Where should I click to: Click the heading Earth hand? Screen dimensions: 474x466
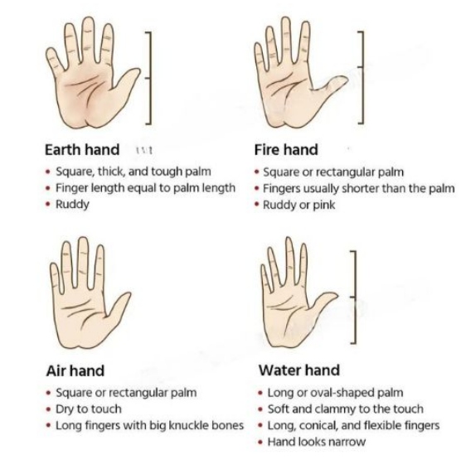pos(81,150)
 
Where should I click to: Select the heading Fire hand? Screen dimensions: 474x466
pos(285,150)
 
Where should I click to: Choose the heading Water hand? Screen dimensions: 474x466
pos(299,370)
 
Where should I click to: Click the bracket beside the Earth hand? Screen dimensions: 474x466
pos(149,76)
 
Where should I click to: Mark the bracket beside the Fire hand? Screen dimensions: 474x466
pos(361,76)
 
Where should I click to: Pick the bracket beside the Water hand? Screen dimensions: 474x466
pos(354,296)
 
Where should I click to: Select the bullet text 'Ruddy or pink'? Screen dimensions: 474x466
pos(299,205)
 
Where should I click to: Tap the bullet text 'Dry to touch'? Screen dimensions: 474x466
pos(88,409)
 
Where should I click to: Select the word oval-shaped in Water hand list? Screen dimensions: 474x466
pos(333,392)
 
